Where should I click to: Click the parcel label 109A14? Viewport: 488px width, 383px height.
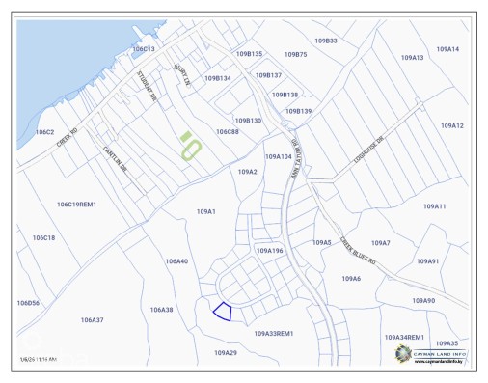[447, 48]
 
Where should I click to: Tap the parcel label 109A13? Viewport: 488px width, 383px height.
[412, 58]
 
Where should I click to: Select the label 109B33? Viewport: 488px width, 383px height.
[326, 41]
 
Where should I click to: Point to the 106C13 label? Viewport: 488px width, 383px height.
[144, 48]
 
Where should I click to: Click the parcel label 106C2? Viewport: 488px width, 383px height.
[44, 131]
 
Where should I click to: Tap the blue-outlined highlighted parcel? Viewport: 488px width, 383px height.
[223, 311]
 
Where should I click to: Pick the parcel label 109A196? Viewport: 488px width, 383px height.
[269, 250]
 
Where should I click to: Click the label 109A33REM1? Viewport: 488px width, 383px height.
[273, 333]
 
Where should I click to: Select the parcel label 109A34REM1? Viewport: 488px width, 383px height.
[405, 337]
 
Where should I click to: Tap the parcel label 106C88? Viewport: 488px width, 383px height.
[227, 131]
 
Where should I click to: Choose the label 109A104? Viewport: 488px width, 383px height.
[278, 156]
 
